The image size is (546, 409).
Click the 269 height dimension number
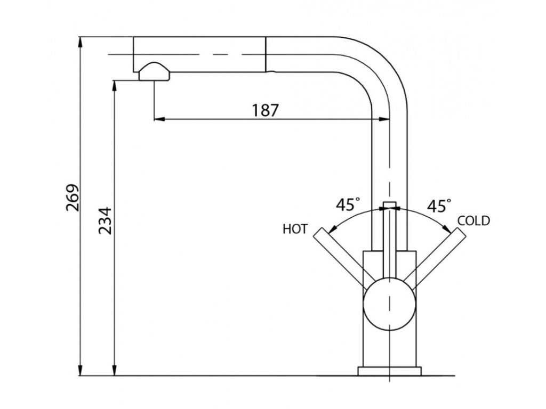(73, 198)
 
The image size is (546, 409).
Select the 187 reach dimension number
(265, 110)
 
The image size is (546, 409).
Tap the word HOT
(295, 230)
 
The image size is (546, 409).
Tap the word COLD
(473, 221)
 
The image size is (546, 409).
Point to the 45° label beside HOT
(348, 204)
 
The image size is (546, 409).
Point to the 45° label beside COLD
(439, 206)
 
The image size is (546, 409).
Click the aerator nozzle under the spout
(154, 72)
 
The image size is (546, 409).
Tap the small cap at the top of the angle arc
(390, 206)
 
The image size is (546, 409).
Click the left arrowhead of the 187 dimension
(158, 119)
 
